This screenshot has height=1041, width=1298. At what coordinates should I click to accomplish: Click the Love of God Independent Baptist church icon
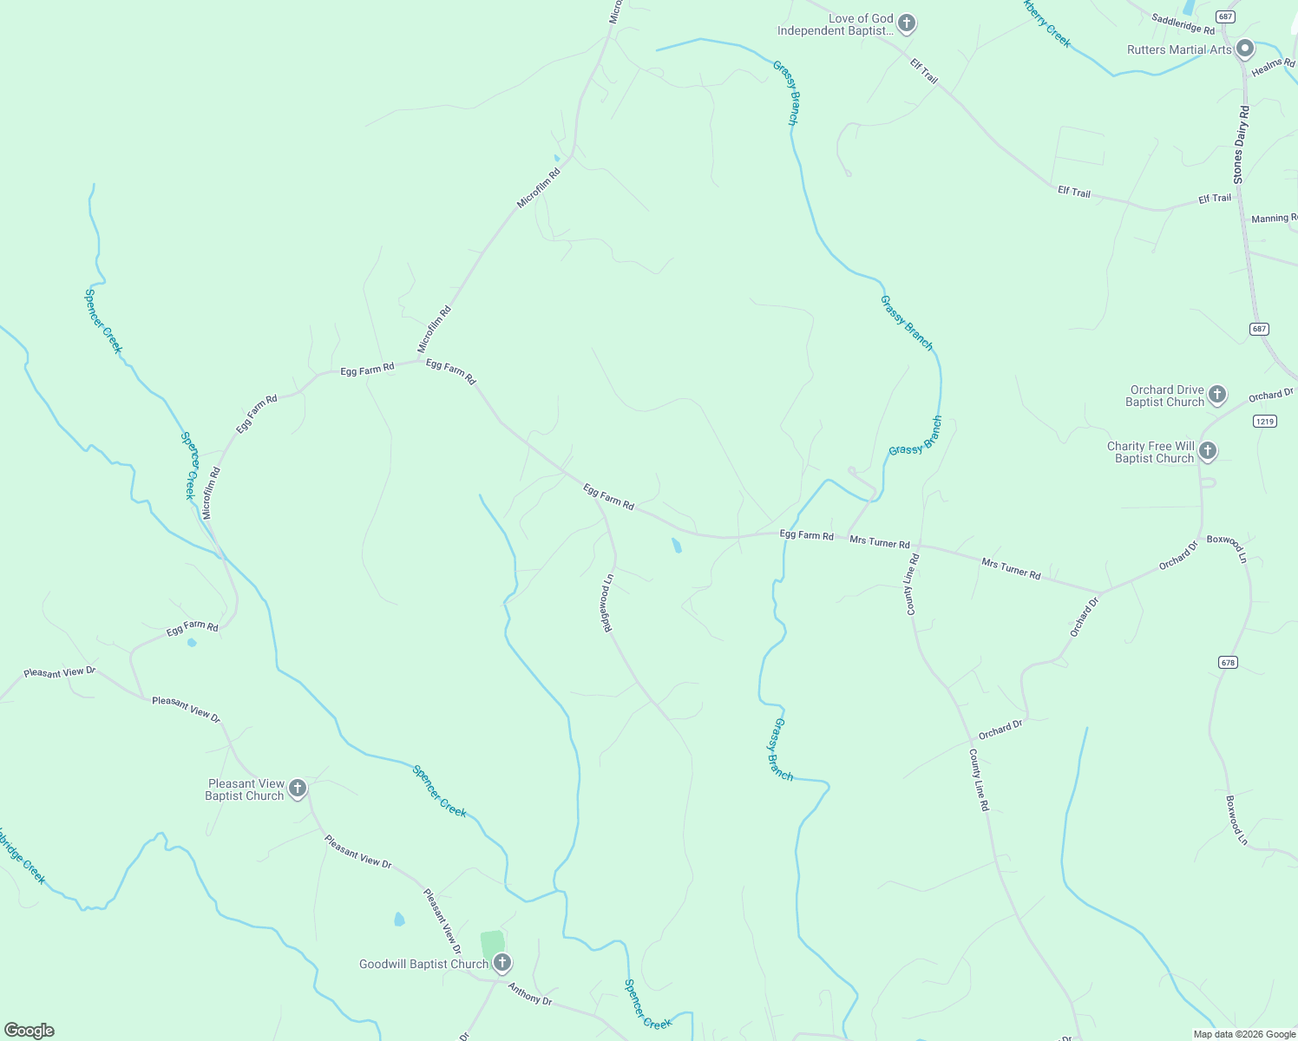click(x=907, y=23)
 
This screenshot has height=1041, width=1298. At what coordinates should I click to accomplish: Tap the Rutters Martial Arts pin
click(x=1245, y=49)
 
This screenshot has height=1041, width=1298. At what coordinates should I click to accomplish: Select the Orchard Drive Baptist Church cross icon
click(x=1217, y=395)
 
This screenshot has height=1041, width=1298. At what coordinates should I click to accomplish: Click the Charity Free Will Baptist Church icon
click(x=1207, y=451)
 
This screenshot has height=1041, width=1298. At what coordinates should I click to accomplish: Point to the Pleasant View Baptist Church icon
click(x=297, y=789)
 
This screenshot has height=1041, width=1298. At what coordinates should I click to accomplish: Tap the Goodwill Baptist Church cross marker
click(x=501, y=963)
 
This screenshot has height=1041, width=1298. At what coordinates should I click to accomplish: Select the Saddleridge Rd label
click(x=1183, y=23)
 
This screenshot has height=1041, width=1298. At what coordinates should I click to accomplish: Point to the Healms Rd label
click(x=1273, y=67)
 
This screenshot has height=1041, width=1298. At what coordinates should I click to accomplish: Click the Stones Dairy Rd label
click(x=1241, y=144)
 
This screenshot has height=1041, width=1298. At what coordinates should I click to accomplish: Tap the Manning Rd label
click(x=1274, y=219)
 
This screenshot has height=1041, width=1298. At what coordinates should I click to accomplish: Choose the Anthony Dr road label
click(x=529, y=994)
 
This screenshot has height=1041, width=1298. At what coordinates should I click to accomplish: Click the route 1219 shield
click(x=1265, y=422)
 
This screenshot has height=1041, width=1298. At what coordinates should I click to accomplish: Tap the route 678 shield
click(x=1228, y=662)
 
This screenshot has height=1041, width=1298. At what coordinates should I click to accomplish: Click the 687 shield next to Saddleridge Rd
click(x=1225, y=16)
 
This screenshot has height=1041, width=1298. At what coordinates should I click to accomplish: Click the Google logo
click(x=29, y=1031)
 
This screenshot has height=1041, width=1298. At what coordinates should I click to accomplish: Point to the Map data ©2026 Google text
click(x=1243, y=1034)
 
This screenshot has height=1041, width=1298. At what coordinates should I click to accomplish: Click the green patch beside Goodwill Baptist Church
click(x=492, y=945)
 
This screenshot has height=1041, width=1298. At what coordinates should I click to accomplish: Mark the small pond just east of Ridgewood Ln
click(x=676, y=546)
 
